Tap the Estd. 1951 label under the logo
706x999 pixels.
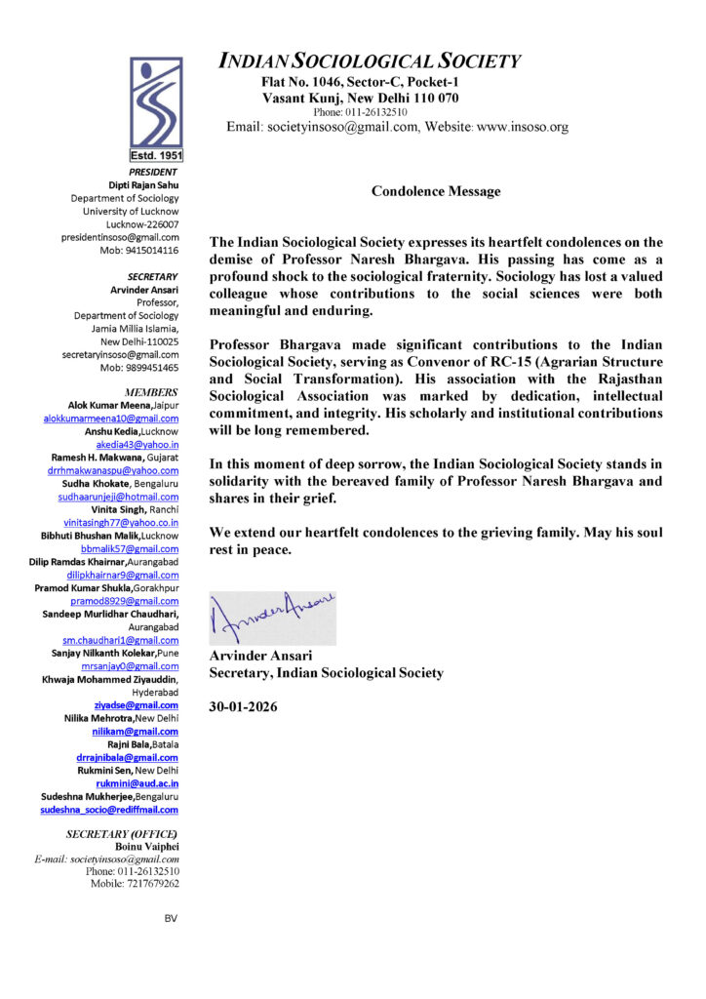tap(156, 155)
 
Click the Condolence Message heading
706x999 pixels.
tap(436, 191)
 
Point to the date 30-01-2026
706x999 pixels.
tap(243, 705)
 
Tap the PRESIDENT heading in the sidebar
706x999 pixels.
tap(153, 172)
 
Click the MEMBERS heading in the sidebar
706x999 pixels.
tap(151, 391)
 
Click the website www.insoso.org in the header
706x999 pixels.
tap(522, 127)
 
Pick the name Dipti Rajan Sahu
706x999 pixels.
tap(143, 184)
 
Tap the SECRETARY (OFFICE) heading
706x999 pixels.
tap(121, 834)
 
